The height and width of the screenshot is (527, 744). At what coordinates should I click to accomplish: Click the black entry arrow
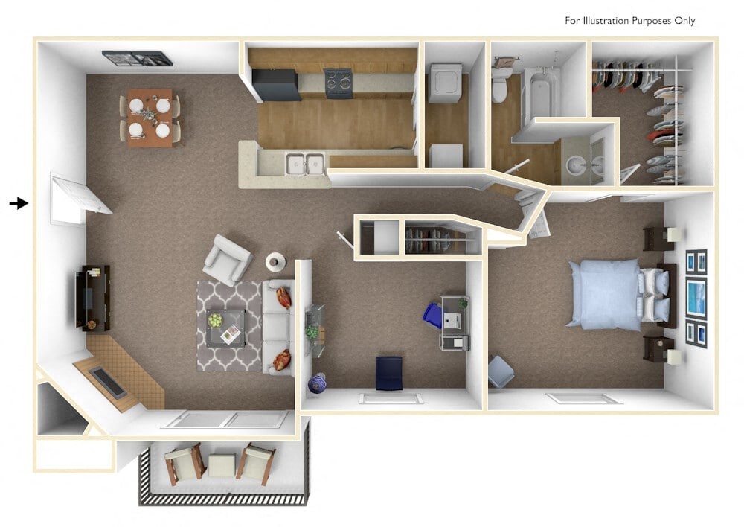pos(19,203)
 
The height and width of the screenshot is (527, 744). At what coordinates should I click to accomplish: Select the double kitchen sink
pos(305,164)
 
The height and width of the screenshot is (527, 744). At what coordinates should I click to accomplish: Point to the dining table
pos(150,118)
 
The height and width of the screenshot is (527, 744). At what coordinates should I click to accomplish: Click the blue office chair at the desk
pos(433,314)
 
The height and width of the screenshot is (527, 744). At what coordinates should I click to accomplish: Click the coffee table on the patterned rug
pos(224,327)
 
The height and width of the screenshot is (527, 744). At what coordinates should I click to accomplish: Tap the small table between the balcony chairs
pos(221,466)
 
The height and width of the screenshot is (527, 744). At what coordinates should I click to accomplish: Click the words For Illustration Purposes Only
pos(629,20)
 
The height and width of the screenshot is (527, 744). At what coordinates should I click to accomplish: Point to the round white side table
pos(276,262)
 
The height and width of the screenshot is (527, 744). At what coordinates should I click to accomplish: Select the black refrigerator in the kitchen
pos(275,83)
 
